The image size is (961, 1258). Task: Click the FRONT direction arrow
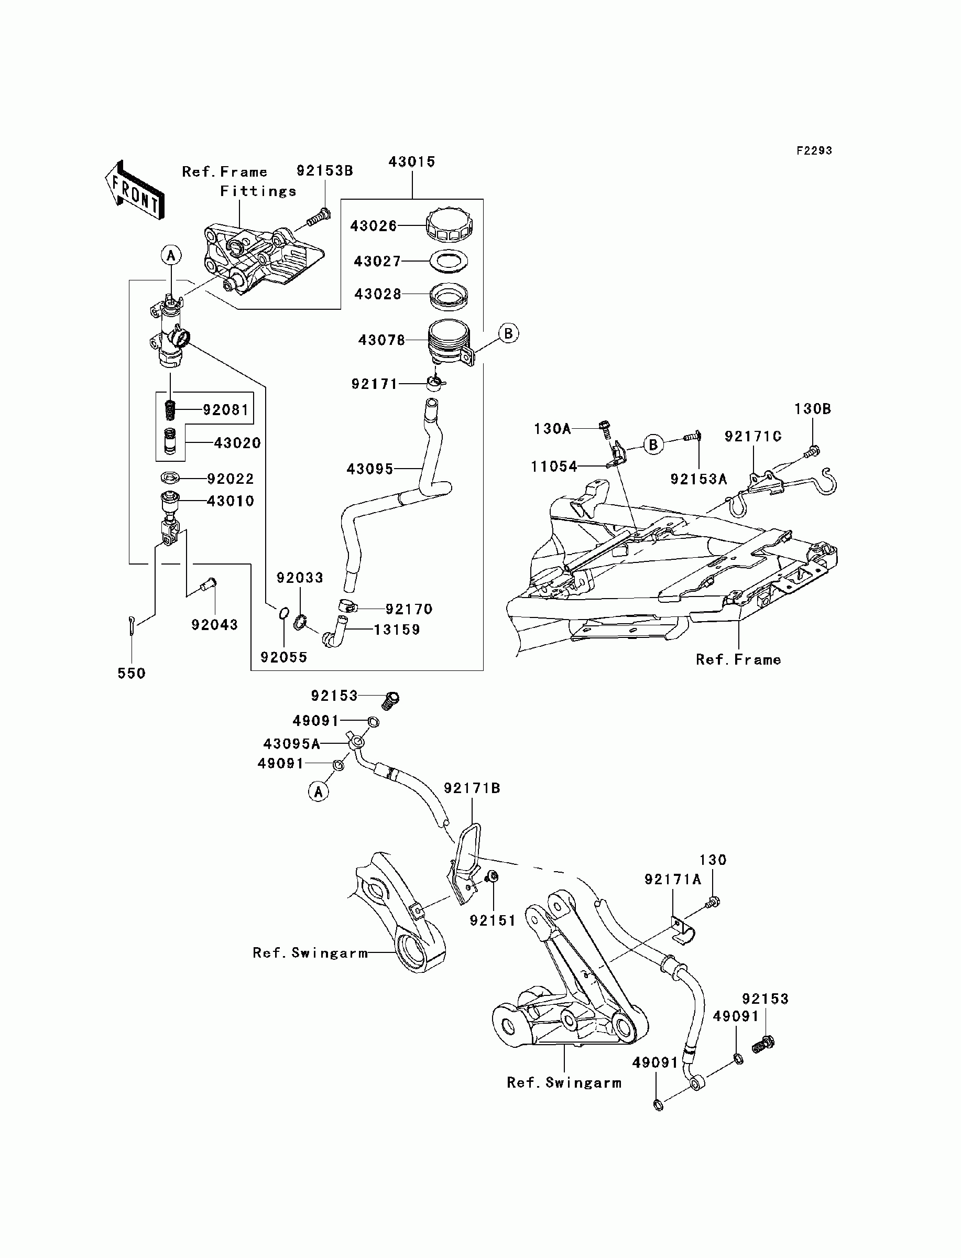coord(135,190)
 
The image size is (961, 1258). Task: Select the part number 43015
coord(412,162)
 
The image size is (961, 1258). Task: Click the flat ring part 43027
coord(449,261)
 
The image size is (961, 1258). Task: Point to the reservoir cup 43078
coord(451,342)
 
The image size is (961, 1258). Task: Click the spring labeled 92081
coord(170,409)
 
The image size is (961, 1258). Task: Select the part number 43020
coord(237,443)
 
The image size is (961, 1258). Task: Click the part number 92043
coord(214,625)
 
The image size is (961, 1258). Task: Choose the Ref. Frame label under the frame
coord(738,659)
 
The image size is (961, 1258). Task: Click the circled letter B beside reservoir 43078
coord(508,333)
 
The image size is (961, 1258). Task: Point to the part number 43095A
coord(291,744)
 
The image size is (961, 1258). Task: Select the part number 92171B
coord(472,788)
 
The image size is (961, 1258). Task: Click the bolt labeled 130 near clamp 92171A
coord(713,903)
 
